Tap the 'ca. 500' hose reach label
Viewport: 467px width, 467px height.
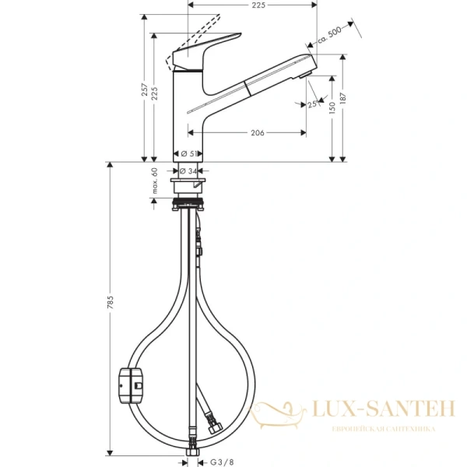coord(331,34)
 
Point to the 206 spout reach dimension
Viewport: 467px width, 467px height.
coord(258,133)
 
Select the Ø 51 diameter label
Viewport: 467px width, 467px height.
coord(188,153)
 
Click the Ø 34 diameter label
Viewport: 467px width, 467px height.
coord(188,170)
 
